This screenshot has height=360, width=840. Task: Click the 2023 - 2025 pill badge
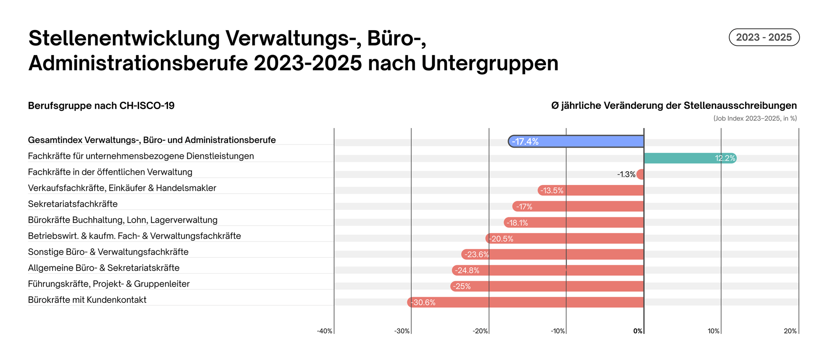tap(764, 37)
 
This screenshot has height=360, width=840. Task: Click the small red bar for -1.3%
tap(640, 174)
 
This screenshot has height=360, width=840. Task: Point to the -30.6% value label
tap(423, 302)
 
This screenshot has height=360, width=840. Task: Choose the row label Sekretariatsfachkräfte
tap(73, 204)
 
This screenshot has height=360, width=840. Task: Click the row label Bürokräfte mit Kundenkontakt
tap(87, 300)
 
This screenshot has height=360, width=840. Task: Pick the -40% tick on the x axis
tap(325, 331)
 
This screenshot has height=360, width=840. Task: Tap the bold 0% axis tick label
tap(638, 331)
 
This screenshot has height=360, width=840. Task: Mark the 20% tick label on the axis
tap(790, 331)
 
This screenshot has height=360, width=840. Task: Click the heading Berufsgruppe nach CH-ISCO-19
tap(101, 106)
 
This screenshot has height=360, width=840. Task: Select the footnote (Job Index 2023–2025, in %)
tap(755, 118)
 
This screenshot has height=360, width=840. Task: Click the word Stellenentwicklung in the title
tap(124, 38)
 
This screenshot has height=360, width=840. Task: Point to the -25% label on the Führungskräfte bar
tap(462, 286)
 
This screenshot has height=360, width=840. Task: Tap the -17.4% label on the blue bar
tap(525, 142)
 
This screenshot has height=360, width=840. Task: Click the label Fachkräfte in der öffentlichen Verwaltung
tap(110, 172)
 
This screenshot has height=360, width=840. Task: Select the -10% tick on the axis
tap(558, 331)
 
